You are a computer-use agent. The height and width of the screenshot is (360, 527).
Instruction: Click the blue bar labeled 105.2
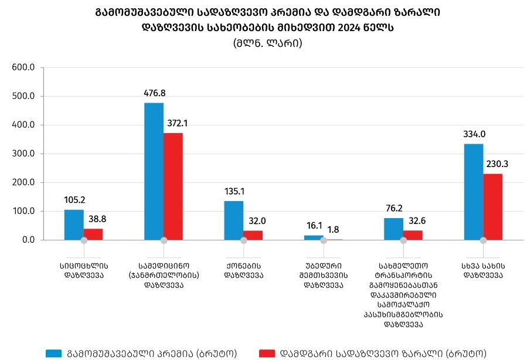[x=74, y=225]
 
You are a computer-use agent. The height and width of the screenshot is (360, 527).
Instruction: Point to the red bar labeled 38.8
[x=93, y=234]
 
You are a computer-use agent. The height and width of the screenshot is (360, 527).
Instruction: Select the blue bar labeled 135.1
[x=234, y=220]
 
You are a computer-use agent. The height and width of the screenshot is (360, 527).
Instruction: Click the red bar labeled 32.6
[x=413, y=235]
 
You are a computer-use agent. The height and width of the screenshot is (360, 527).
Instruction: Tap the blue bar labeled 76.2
[x=393, y=229]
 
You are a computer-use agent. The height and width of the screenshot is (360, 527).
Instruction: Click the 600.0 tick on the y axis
[x=24, y=67]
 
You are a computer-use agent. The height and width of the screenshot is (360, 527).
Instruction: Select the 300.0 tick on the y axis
[x=24, y=154]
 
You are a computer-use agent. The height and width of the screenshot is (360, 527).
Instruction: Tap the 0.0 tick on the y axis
[x=27, y=240]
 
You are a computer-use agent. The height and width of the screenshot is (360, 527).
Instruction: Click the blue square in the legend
[x=53, y=353]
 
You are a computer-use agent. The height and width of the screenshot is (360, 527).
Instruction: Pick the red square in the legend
[x=267, y=353]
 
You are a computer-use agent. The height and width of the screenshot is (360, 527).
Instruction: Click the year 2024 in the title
[x=358, y=28]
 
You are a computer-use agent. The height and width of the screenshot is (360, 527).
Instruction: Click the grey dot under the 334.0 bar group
[x=483, y=240]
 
